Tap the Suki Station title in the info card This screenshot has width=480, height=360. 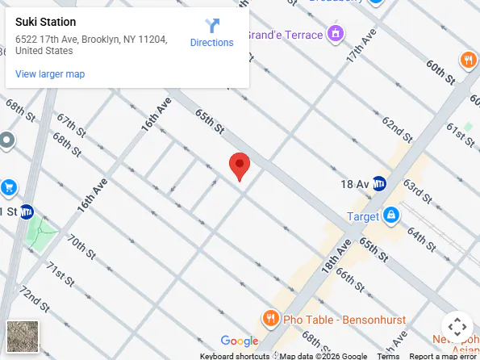click(x=46, y=22)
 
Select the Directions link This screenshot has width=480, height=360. click(x=211, y=33)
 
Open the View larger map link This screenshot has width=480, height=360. click(x=50, y=74)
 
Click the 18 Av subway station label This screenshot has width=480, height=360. click(x=355, y=184)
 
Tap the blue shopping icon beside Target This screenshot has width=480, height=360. click(x=390, y=215)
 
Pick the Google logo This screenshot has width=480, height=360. click(x=239, y=341)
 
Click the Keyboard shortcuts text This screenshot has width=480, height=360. click(x=235, y=356)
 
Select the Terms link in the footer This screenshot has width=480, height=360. click(x=388, y=356)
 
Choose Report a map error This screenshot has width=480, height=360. click(x=443, y=356)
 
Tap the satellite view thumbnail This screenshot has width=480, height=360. click(x=22, y=337)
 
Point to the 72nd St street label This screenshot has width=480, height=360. click(x=35, y=300)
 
